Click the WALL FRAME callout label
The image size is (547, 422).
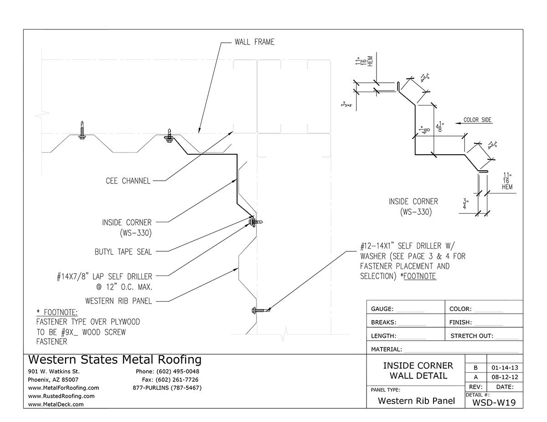point(254,42)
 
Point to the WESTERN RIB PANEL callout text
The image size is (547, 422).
point(118,301)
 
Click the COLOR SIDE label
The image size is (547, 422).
point(477,120)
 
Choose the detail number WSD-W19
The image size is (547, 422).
point(494,402)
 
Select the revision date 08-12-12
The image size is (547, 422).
point(504,377)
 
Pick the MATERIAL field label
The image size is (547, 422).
point(387,350)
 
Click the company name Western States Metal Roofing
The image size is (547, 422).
point(114,360)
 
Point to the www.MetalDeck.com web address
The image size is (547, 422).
point(56,404)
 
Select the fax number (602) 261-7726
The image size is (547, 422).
point(177,380)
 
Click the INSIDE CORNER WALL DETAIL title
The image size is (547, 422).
point(418,371)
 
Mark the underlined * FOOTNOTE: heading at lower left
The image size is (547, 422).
point(57,313)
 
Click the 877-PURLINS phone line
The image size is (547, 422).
point(166,388)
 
